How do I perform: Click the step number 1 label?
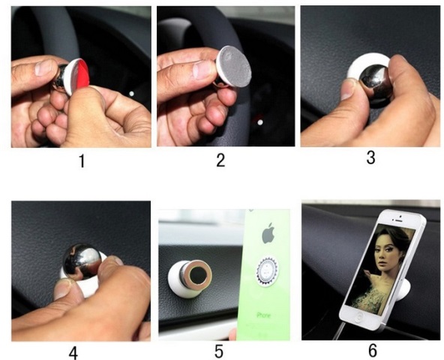82,161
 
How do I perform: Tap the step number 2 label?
220,160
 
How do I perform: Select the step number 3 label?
370,157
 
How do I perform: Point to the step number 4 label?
73,353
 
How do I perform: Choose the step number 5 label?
218,352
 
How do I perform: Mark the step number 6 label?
373,350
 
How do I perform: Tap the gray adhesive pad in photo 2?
235,66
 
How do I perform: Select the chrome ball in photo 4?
82,261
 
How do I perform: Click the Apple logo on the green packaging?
268,233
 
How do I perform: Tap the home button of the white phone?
359,316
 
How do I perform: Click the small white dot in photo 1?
131,94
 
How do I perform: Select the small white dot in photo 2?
260,122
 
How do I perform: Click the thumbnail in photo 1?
43,67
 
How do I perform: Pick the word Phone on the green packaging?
263,315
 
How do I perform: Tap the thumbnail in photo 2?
201,70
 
